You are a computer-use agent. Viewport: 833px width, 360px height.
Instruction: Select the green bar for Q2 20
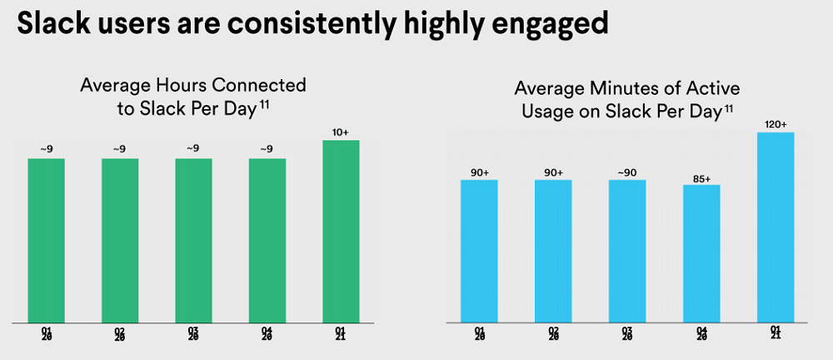click(x=120, y=239)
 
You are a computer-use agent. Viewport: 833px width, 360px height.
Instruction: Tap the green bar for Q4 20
click(x=267, y=239)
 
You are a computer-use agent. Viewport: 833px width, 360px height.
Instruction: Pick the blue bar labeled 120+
click(x=776, y=227)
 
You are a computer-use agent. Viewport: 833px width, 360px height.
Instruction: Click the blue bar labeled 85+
click(x=701, y=252)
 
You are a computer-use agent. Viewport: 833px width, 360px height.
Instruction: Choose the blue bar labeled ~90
click(x=627, y=250)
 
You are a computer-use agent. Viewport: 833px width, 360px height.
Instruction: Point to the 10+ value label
click(x=341, y=132)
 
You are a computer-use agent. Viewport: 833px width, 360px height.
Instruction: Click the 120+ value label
click(x=776, y=125)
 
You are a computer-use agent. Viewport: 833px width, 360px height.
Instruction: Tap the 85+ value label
click(x=701, y=177)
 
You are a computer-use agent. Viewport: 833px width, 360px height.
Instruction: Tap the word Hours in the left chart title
click(x=177, y=85)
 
